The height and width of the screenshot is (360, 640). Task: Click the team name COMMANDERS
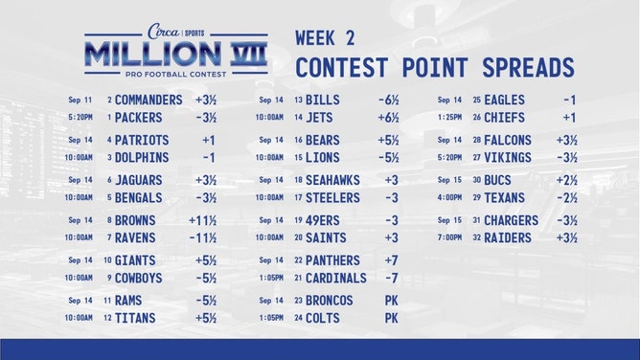click(x=149, y=100)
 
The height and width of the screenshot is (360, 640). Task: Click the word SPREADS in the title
click(x=523, y=68)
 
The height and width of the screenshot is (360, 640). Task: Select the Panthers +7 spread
click(x=391, y=260)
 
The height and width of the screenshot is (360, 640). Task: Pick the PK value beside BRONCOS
click(x=391, y=301)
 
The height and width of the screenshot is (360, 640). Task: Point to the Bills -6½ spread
click(x=388, y=100)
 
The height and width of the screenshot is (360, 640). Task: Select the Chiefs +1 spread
click(x=569, y=118)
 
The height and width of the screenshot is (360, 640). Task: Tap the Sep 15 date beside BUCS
click(x=449, y=180)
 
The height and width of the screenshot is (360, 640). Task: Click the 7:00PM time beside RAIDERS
click(x=449, y=238)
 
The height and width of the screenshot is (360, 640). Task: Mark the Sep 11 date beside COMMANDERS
click(x=80, y=100)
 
